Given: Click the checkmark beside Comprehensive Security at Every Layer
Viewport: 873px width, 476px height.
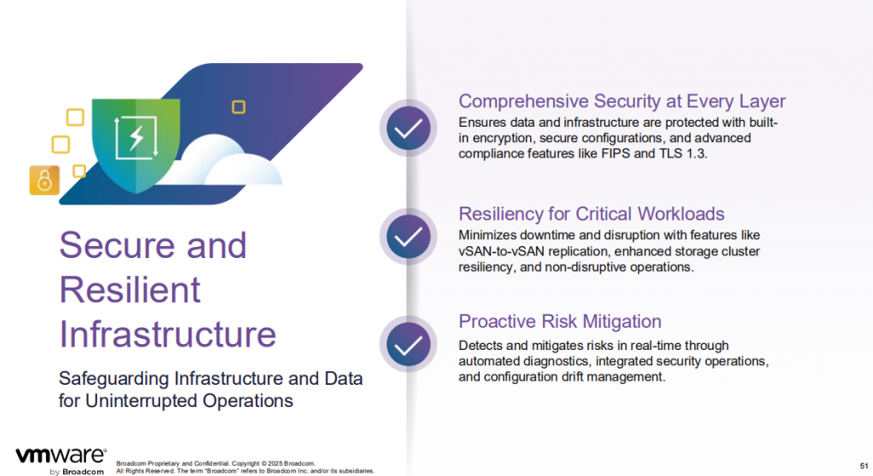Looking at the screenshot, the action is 408,129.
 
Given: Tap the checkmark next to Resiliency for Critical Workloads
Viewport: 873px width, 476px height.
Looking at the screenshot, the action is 408,237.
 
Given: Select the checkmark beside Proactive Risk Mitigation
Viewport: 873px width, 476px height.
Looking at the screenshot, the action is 408,345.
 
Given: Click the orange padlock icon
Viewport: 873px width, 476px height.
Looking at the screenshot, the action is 44,181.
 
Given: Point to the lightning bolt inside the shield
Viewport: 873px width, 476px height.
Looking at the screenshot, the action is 136,137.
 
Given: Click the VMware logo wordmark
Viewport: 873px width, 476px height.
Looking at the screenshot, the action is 61,456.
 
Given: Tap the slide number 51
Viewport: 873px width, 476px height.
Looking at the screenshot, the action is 864,466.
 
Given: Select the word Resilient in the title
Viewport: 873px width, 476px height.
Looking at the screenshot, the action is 130,290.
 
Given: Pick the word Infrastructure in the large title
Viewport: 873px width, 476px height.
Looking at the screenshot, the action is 168,334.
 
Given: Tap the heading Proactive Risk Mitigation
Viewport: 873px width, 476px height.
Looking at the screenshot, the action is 559,321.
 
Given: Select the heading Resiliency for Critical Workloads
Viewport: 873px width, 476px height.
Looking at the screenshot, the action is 592,214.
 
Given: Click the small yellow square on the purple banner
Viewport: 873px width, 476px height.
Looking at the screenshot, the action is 239,106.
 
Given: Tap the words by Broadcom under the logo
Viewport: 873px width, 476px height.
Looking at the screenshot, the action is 77,472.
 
